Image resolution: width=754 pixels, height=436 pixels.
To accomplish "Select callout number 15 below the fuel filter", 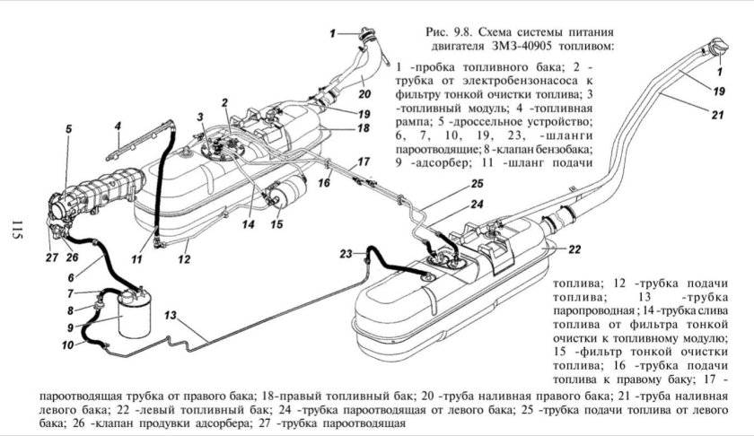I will (277, 224).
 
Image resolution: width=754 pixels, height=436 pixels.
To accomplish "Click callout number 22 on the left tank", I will (575, 249).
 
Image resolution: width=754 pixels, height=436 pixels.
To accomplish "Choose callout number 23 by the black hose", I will (346, 254).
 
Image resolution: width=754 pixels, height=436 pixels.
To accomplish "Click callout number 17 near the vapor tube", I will (364, 161).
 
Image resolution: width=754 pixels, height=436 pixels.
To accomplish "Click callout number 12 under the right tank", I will (184, 260).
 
